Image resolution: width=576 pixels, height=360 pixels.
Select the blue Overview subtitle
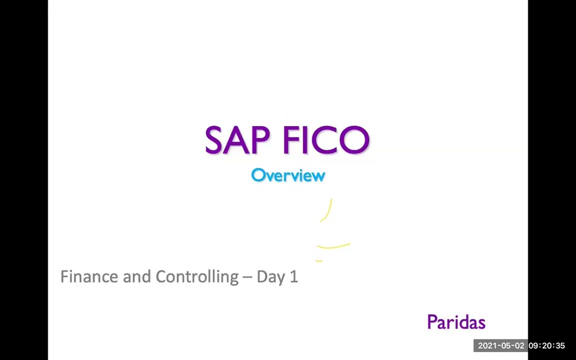(288, 175)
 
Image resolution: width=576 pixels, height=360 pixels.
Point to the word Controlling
(197, 277)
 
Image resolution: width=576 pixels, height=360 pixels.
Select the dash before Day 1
(247, 277)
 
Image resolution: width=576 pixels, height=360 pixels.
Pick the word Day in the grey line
(270, 277)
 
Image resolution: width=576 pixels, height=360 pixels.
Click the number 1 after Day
(294, 277)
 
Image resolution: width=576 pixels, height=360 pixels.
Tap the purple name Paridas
(456, 322)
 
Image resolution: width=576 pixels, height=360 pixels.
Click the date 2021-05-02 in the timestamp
(501, 345)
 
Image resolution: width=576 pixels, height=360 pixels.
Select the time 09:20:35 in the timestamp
(547, 345)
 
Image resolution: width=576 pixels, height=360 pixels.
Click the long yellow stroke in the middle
(334, 246)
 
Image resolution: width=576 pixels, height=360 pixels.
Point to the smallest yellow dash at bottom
(319, 261)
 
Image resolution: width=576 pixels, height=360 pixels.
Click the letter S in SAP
(215, 140)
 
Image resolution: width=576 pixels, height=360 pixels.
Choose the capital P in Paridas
(432, 322)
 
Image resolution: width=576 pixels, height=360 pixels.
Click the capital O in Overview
(258, 175)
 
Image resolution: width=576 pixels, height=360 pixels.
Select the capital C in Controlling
(162, 277)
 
